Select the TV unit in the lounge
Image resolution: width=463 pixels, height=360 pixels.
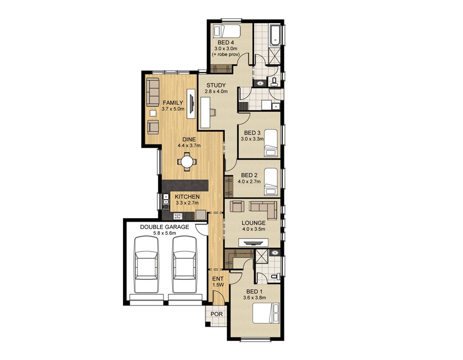pos(253,242)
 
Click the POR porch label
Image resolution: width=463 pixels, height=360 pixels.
pos(216,315)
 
